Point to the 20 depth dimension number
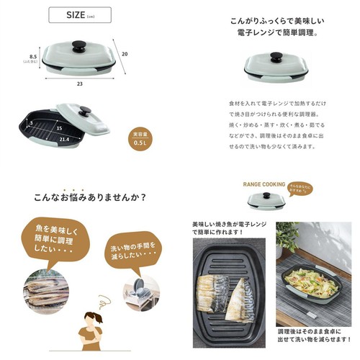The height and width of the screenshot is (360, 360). [124, 54]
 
